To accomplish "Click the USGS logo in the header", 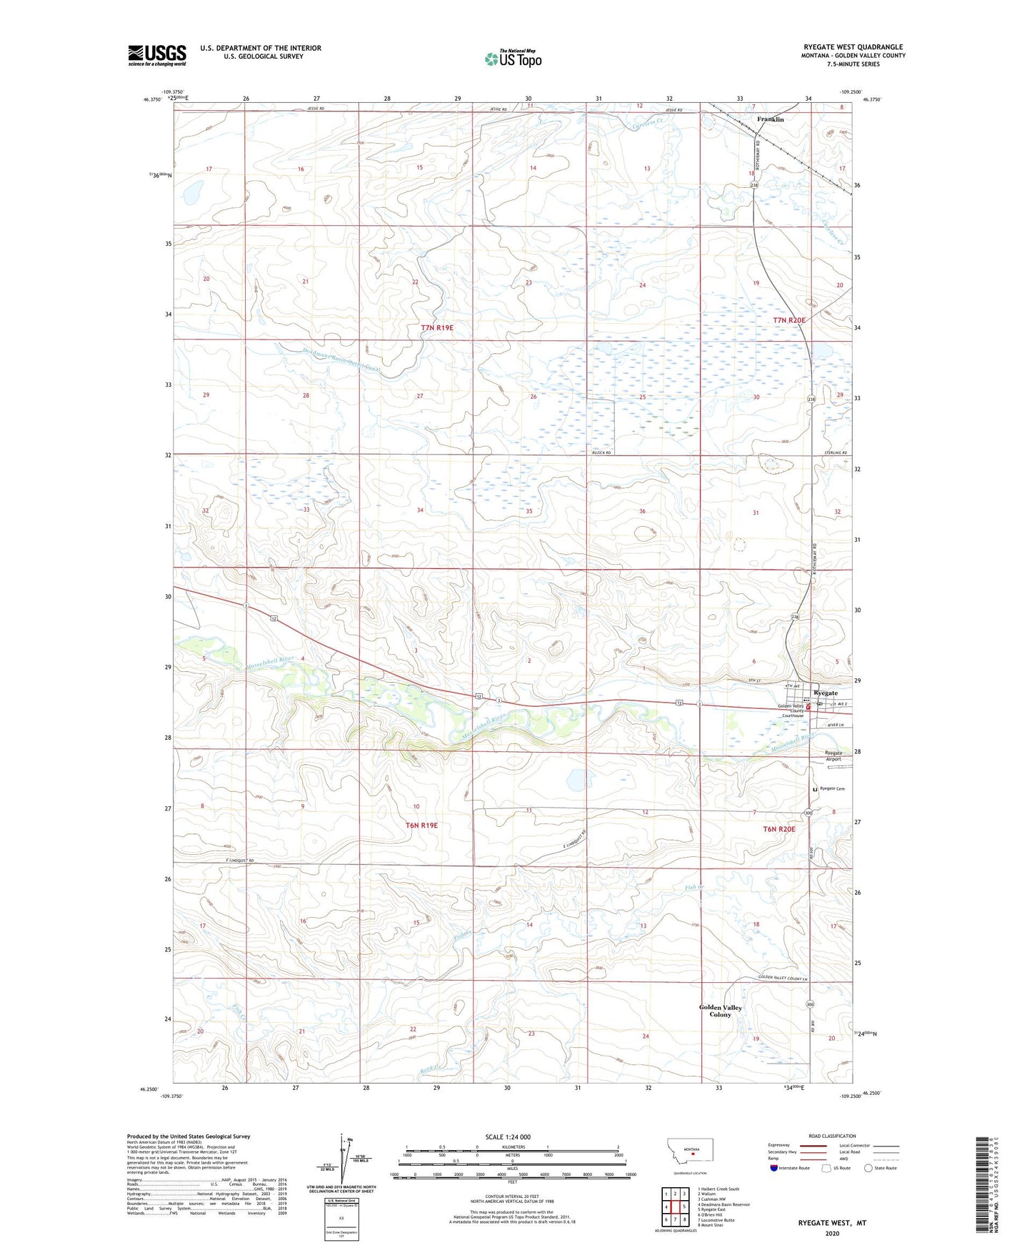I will coord(157,55).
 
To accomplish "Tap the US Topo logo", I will coord(513,59).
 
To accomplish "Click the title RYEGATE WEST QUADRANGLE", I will coord(853,47).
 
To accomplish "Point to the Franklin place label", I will coord(770,119).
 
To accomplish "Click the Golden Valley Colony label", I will coord(720,1011).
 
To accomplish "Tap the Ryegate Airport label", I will coord(833,756).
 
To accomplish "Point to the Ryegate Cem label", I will coord(832,788).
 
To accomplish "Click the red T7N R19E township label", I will coord(437,327).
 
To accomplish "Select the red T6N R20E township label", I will coord(778,829).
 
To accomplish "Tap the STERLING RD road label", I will coord(834,453).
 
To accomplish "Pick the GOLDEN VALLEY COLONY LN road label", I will coord(782,979).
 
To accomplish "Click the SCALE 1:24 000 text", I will coord(508,1136).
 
